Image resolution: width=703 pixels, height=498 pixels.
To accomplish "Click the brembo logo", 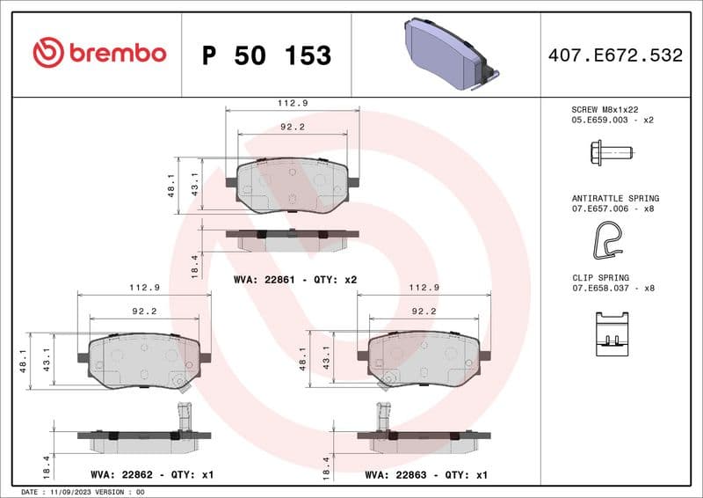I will point(99,54).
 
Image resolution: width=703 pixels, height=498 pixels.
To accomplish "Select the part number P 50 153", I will point(266,55).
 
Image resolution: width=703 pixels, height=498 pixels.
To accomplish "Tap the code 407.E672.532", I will point(615,55).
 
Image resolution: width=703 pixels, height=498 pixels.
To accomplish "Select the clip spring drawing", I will point(612,335).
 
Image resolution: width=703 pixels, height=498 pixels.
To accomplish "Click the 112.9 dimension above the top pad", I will point(293,103).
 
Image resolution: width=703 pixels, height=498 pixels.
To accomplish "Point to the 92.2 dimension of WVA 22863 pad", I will point(424,311).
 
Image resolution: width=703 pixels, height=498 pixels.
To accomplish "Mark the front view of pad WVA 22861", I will point(293,185).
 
